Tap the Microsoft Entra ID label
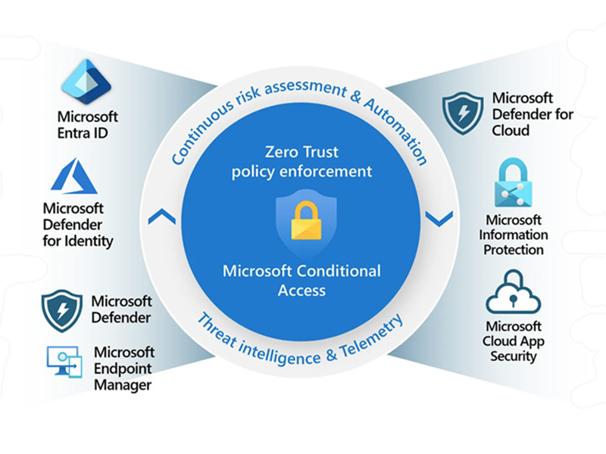pos(88,126)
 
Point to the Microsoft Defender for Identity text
pos(78,225)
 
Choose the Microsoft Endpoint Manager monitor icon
pos(65,362)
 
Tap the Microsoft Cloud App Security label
pos(514,341)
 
